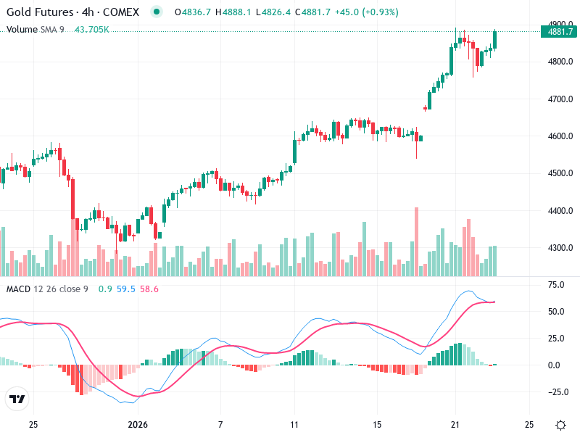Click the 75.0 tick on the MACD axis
click(555, 285)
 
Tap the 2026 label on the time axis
click(138, 424)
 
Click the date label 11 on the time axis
click(294, 424)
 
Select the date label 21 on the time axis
click(455, 424)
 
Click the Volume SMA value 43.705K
click(92, 30)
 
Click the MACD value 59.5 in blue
click(126, 289)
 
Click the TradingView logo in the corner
click(17, 399)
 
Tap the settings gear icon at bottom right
click(560, 425)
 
